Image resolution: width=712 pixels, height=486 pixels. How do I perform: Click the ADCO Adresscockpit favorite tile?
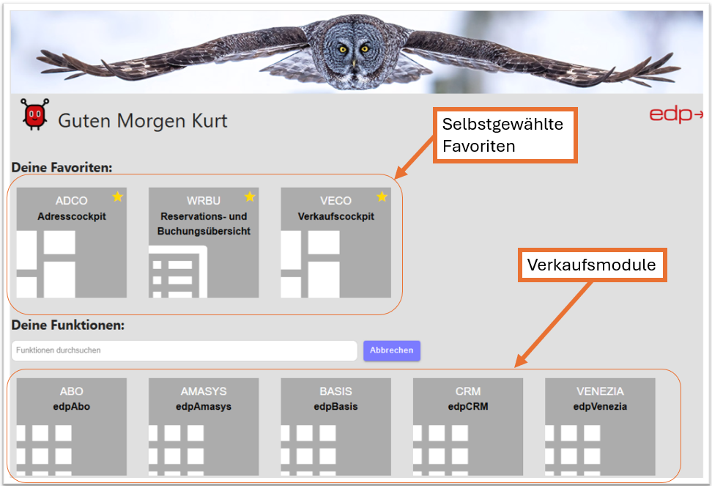[x=71, y=242]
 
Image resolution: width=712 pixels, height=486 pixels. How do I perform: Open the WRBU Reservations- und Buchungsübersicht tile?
[x=203, y=242]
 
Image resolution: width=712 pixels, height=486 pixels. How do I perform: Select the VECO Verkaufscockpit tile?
[x=335, y=242]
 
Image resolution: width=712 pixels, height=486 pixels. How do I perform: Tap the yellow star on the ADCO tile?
[x=118, y=196]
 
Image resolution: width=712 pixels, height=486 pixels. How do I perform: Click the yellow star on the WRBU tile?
[x=250, y=196]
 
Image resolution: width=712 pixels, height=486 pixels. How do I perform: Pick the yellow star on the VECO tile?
[x=382, y=196]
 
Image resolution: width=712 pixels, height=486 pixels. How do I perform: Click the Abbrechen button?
[x=391, y=350]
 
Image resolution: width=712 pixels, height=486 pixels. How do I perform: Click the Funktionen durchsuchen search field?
[x=183, y=350]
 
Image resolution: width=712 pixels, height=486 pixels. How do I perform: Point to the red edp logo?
[x=675, y=115]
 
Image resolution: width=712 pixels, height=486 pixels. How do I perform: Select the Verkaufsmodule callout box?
[x=592, y=265]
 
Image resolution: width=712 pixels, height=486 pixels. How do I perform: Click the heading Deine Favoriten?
[x=62, y=167]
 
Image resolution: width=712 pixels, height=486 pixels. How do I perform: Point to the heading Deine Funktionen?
[x=67, y=325]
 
